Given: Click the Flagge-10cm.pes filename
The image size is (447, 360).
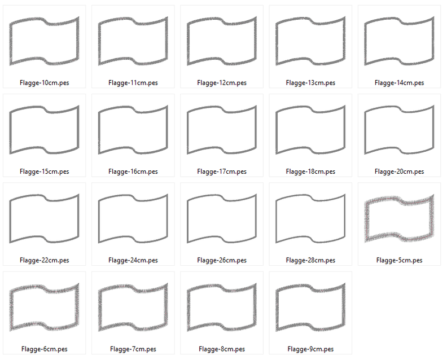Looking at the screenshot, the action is pos(44,82).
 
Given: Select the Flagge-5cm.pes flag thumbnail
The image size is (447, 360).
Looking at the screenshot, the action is pos(400,218).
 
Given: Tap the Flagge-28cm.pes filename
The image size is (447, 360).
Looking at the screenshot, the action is pos(310,260).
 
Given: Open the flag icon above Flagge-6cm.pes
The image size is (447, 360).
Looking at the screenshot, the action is pos(44,308).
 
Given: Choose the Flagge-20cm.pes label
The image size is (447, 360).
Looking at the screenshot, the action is pos(399,172).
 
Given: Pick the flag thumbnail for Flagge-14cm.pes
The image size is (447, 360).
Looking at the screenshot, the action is pos(400,41).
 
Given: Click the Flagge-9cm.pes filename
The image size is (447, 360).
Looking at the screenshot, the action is pos(310,349).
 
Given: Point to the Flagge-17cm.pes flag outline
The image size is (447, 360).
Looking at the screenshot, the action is pos(222,130).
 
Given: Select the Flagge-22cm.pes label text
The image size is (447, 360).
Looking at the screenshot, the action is pos(44,260).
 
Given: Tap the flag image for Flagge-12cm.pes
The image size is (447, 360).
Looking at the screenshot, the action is pos(222,41).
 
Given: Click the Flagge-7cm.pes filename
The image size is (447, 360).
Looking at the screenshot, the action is pos(133,349).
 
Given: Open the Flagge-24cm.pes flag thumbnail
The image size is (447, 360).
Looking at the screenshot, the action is pos(133,218).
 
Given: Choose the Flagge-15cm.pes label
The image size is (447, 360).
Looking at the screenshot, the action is pos(44,172).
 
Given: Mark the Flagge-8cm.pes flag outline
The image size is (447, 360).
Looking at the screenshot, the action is pos(222,308).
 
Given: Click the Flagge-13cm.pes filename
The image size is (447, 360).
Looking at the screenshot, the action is pos(310,82).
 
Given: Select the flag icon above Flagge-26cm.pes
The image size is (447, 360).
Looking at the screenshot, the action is pos(222,218).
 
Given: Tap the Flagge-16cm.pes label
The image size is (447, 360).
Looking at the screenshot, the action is pos(133,172).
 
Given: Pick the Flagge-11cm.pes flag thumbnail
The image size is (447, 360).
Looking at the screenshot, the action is pos(133,41).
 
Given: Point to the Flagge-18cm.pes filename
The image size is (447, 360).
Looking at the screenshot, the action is pos(310,172).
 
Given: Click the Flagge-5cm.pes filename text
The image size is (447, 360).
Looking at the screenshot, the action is pos(399,260).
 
